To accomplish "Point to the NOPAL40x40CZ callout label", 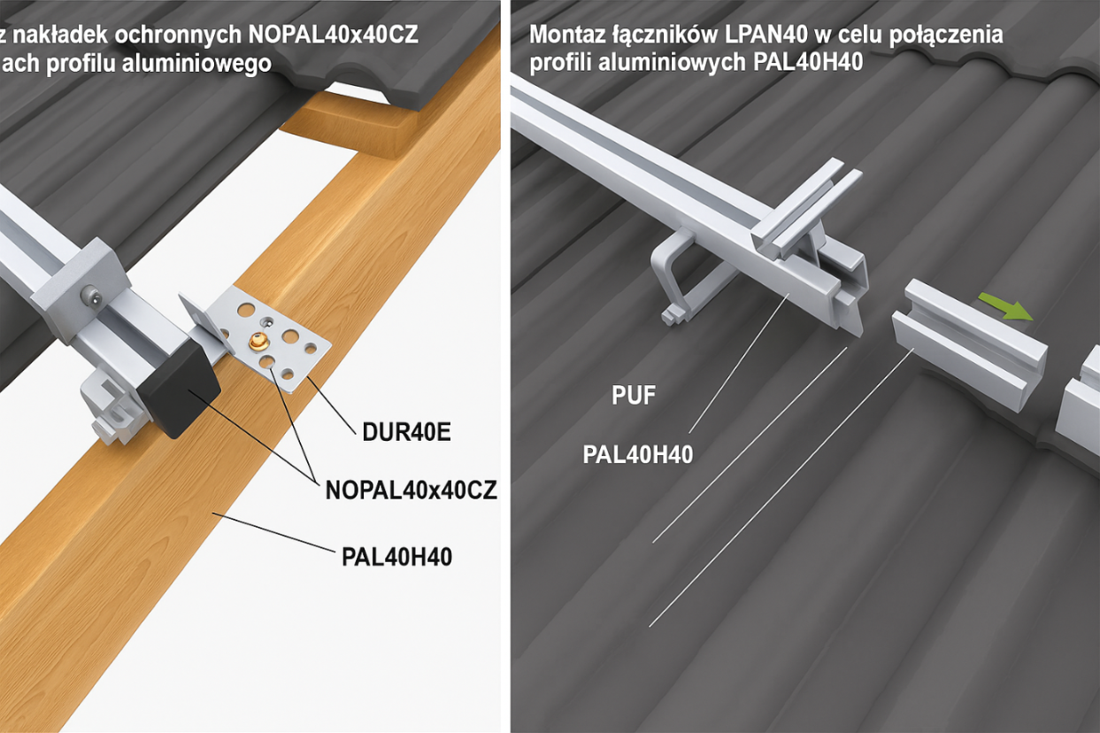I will pos(411,490).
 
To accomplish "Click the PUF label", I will pos(634,396).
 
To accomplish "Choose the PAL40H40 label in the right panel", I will pos(637,454).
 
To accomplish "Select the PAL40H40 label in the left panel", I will pos(396,557).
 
